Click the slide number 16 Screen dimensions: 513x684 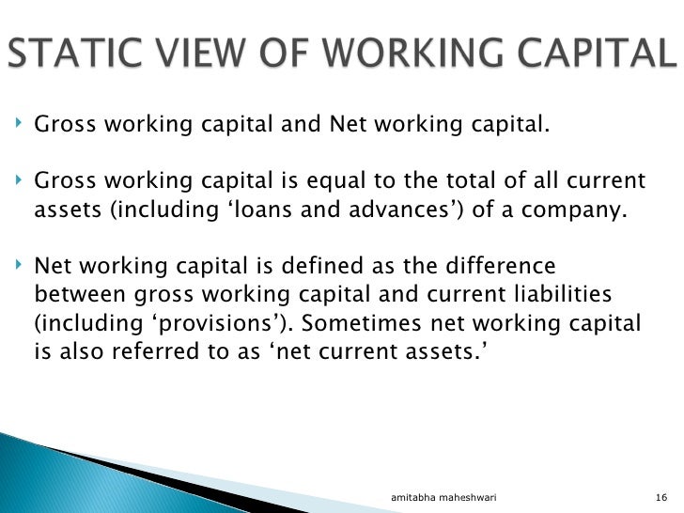click(660, 495)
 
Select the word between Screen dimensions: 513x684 click(78, 296)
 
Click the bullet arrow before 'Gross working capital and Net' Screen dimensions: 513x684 click(21, 122)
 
